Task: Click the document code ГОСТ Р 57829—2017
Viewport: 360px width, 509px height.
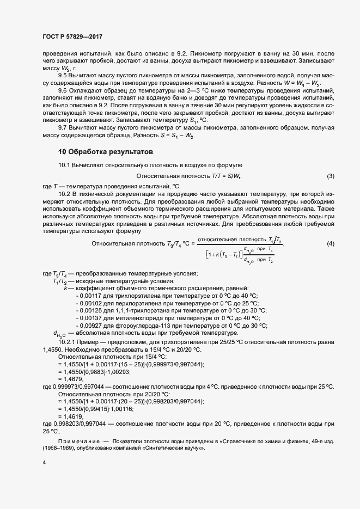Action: click(72, 36)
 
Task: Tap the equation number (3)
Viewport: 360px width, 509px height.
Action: click(330, 176)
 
